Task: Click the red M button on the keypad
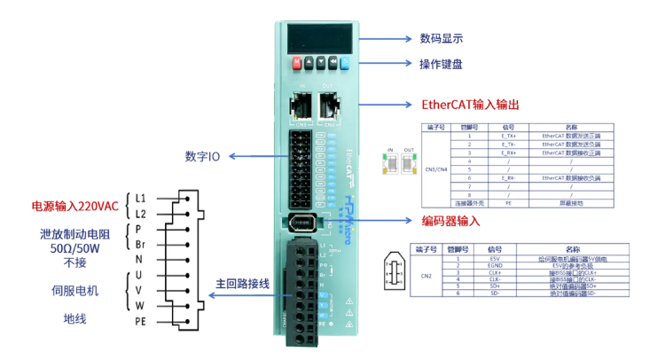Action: (x=296, y=64)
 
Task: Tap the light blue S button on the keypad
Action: (x=346, y=64)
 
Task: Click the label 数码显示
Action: (x=442, y=38)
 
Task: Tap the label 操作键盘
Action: (x=442, y=64)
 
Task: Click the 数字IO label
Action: (x=202, y=157)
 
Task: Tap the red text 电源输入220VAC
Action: (x=75, y=207)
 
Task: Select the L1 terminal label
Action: (x=140, y=199)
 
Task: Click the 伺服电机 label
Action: (x=75, y=290)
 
